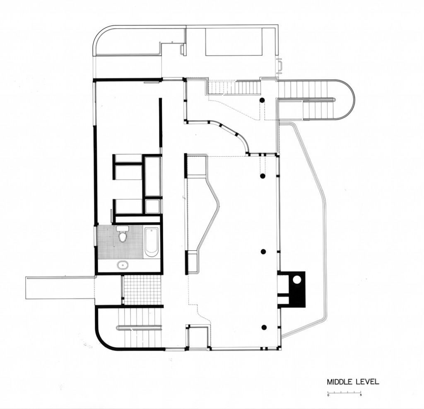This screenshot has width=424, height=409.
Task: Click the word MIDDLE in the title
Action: point(340,382)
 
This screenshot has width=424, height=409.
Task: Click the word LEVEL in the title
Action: point(367,382)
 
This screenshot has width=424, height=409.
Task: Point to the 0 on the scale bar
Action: point(328,395)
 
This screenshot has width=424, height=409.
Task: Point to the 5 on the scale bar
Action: point(361,395)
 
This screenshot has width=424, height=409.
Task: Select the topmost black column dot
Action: point(262,100)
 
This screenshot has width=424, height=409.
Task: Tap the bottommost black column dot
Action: point(264,327)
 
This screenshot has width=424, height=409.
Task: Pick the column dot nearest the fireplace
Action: point(263,252)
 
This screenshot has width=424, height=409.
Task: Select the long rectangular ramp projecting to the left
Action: point(60,288)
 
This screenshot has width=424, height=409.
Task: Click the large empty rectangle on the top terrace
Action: point(234,42)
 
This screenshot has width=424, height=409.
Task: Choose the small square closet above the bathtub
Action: point(152,206)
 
